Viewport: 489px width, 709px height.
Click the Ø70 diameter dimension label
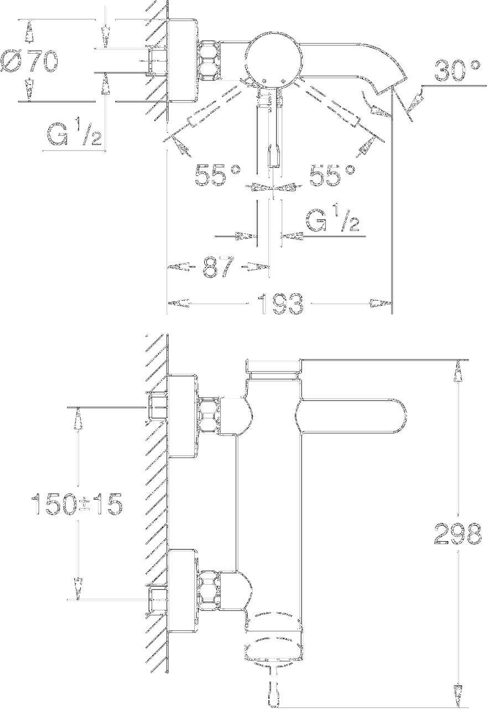coord(29,61)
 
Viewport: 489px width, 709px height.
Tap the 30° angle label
coord(457,70)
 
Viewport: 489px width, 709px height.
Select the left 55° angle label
coord(218,175)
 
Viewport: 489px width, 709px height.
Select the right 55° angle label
coord(332,175)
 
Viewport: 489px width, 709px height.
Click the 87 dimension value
coord(219,267)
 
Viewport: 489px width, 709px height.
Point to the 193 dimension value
coord(280,304)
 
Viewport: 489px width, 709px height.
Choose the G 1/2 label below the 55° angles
coord(332,220)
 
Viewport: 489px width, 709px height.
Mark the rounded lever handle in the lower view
coord(351,416)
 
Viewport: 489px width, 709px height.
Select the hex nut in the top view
coord(209,59)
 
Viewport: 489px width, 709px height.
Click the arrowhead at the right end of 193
coord(381,303)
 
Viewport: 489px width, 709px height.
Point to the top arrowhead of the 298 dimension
coord(458,371)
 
